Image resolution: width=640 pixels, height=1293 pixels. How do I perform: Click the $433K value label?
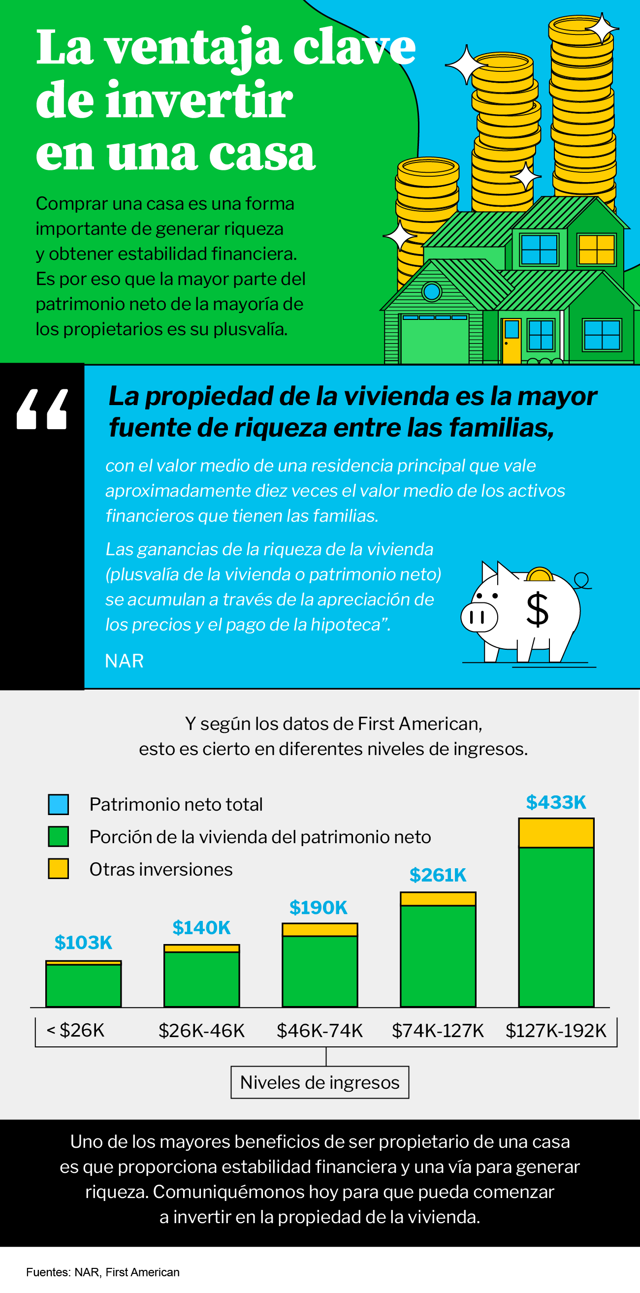pyautogui.click(x=556, y=802)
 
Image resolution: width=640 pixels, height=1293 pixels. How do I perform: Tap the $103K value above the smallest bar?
pyautogui.click(x=83, y=943)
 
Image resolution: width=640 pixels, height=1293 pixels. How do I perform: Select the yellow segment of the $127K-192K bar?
pyautogui.click(x=556, y=833)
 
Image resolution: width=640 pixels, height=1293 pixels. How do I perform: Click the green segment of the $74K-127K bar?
pyautogui.click(x=438, y=956)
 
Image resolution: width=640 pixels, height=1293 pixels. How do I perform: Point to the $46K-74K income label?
pyautogui.click(x=320, y=1031)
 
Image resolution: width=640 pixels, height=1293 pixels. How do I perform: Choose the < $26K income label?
pyautogui.click(x=75, y=1030)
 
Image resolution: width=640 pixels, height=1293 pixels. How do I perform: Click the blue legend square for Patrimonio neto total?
pyautogui.click(x=58, y=804)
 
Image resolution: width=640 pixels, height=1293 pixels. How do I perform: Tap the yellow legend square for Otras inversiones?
pyautogui.click(x=58, y=868)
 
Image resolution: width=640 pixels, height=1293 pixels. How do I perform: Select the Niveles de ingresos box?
pyautogui.click(x=320, y=1082)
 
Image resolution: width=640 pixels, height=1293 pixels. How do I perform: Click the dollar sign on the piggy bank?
pyautogui.click(x=537, y=609)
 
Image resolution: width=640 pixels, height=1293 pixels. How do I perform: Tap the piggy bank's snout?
pyautogui.click(x=479, y=617)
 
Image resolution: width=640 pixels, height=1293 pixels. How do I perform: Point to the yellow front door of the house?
pyautogui.click(x=512, y=341)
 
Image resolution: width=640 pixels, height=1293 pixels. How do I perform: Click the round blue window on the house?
pyautogui.click(x=431, y=291)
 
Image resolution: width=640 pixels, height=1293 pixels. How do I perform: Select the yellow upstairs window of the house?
pyautogui.click(x=596, y=249)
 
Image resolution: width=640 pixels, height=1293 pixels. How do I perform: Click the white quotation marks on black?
pyautogui.click(x=42, y=409)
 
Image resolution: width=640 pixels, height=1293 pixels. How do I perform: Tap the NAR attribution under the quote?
pyautogui.click(x=124, y=661)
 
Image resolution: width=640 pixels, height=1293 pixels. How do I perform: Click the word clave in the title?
pyautogui.click(x=354, y=48)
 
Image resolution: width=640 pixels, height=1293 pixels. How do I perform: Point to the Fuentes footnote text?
pyautogui.click(x=103, y=1272)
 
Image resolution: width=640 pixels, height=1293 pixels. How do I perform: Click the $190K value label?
pyautogui.click(x=318, y=908)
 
